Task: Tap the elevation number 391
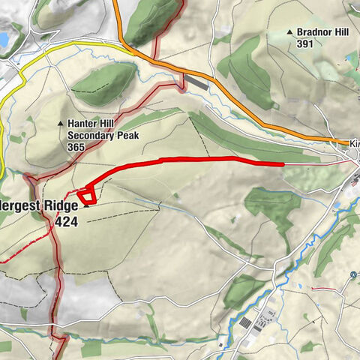(x=306, y=43)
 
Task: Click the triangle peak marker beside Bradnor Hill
(x=290, y=32)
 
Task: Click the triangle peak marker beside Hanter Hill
(x=61, y=123)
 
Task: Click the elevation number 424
(x=65, y=223)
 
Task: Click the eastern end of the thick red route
(x=283, y=163)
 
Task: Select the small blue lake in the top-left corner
(x=4, y=37)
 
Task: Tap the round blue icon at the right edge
(x=354, y=274)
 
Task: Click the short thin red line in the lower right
(x=323, y=287)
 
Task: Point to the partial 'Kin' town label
(x=354, y=142)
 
